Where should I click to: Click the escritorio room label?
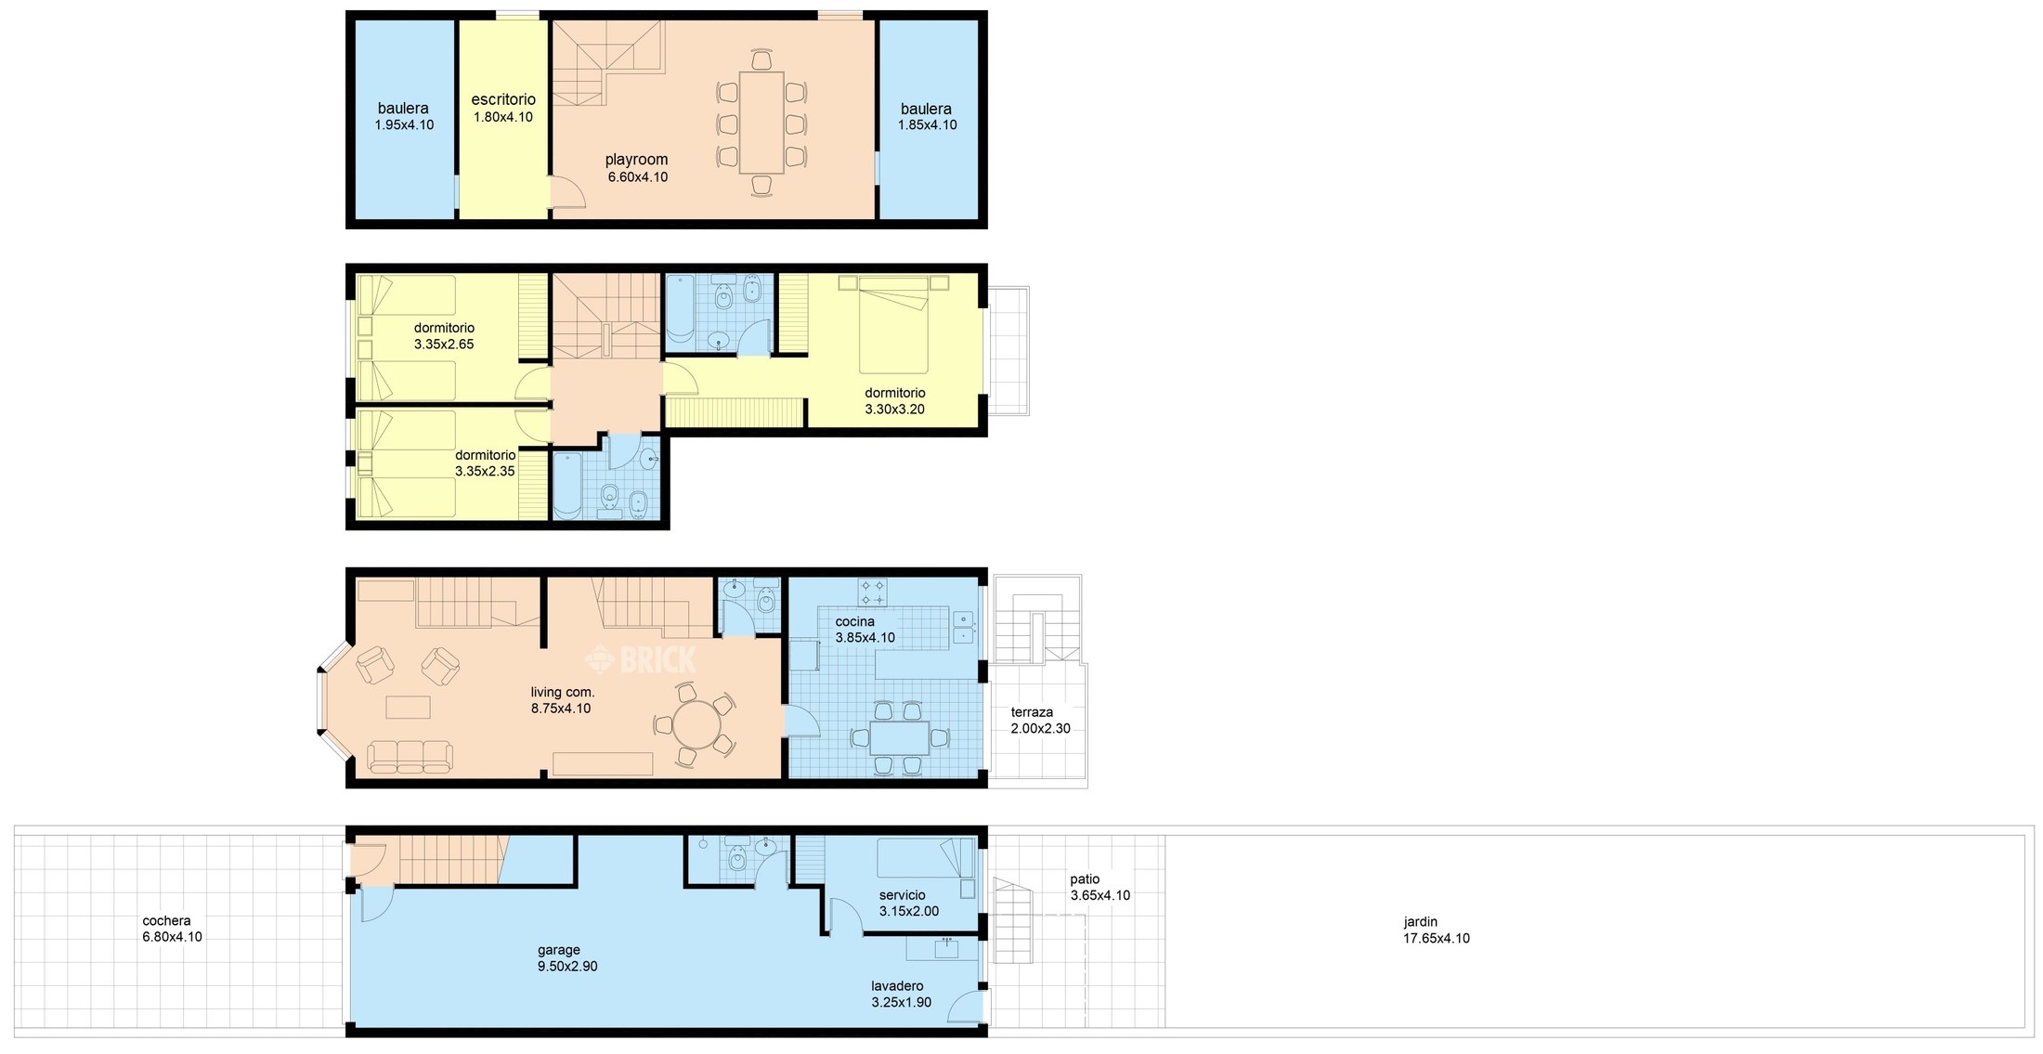click(x=503, y=100)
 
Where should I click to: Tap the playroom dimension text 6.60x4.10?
click(x=638, y=177)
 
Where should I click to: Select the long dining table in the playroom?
click(x=761, y=123)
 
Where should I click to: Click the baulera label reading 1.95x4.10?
click(x=404, y=117)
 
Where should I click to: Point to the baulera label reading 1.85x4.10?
click(x=927, y=117)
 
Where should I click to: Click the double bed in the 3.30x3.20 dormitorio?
click(x=893, y=325)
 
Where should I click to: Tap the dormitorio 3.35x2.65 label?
click(x=444, y=336)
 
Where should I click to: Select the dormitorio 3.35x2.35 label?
click(x=485, y=463)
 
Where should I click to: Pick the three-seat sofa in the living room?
click(x=410, y=757)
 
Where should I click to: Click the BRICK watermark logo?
click(x=640, y=659)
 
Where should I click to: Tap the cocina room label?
click(x=854, y=622)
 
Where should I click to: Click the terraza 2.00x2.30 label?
click(x=1040, y=721)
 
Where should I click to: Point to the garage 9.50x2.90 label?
click(x=567, y=958)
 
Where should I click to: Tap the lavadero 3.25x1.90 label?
click(x=901, y=995)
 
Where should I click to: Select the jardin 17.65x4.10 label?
click(x=1436, y=930)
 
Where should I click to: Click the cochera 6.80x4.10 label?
click(x=172, y=930)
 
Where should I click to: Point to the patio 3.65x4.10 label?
click(x=1100, y=888)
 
